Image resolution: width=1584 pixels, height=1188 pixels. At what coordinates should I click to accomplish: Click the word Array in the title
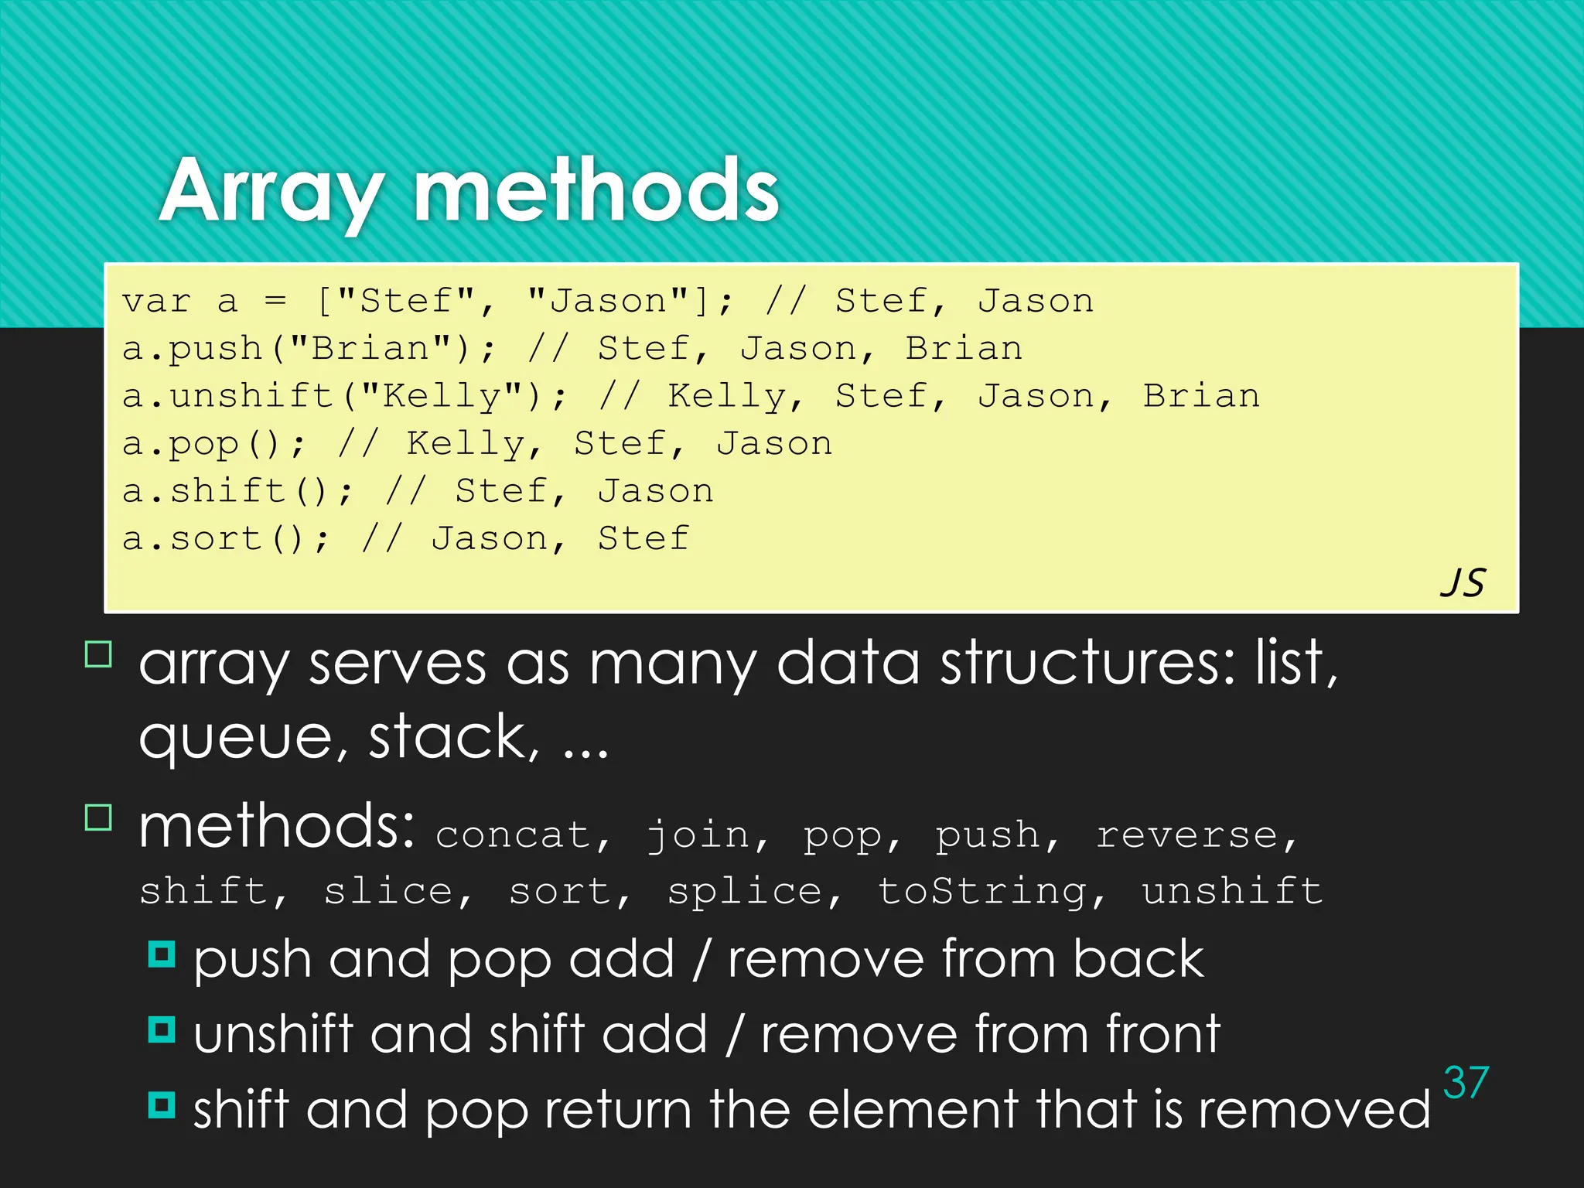pos(271,191)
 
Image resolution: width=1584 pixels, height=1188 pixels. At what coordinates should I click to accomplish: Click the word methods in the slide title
pos(596,191)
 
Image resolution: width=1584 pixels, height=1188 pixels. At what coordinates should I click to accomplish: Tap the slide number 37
pos(1466,1082)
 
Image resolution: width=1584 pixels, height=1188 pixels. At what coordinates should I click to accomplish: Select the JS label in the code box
pos(1463,582)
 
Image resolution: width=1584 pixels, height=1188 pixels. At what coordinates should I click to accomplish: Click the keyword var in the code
pos(156,302)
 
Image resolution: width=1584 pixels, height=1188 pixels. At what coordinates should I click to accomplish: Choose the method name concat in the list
pos(514,835)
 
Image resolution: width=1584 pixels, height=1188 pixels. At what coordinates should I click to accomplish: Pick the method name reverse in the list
pos(1187,835)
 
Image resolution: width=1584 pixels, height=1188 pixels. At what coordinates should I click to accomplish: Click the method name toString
pos(982,892)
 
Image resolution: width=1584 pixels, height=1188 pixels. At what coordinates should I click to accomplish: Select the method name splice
pos(744,892)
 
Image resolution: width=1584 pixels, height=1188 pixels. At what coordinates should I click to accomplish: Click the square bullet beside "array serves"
pos(98,654)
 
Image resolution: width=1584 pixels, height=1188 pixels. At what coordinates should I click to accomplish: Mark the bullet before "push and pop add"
pos(162,954)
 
